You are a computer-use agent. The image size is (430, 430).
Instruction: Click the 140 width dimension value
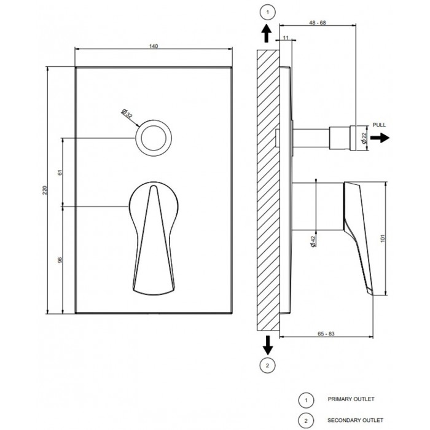tap(154, 46)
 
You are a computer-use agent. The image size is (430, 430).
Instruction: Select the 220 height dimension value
tap(45, 190)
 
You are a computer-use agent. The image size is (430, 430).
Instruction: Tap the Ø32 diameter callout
tap(127, 113)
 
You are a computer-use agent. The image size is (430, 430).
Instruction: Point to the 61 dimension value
tap(60, 173)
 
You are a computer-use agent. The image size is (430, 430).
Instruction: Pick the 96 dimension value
tap(60, 260)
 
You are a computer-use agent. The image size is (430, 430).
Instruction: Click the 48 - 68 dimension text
tap(318, 23)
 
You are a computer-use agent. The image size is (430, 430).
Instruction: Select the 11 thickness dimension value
tap(286, 38)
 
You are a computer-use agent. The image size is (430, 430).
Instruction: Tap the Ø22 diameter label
tap(364, 138)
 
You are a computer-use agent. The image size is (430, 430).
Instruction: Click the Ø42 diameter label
tap(313, 241)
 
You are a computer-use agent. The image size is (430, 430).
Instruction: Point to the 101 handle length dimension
tap(383, 238)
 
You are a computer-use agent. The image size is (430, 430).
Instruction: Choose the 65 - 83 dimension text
tap(326, 334)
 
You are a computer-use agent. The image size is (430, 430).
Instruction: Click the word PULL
tap(379, 125)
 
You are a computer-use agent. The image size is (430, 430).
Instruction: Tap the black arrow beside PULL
tap(380, 138)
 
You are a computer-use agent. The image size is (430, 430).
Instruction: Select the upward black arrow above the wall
tap(266, 33)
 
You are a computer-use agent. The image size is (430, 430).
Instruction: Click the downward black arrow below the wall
tap(268, 345)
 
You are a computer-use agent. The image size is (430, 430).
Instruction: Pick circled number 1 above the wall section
tap(268, 12)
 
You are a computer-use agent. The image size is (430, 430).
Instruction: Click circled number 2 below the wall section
tap(268, 365)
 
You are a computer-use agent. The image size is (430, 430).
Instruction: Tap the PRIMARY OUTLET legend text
tap(351, 399)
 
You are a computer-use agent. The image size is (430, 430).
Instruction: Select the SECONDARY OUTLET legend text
tap(356, 420)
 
